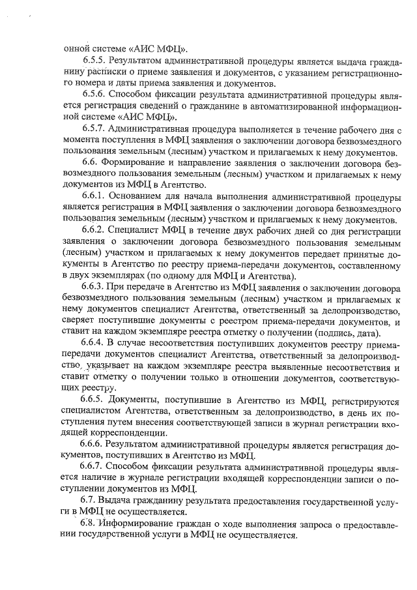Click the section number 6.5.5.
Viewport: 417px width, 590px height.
coord(97,62)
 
